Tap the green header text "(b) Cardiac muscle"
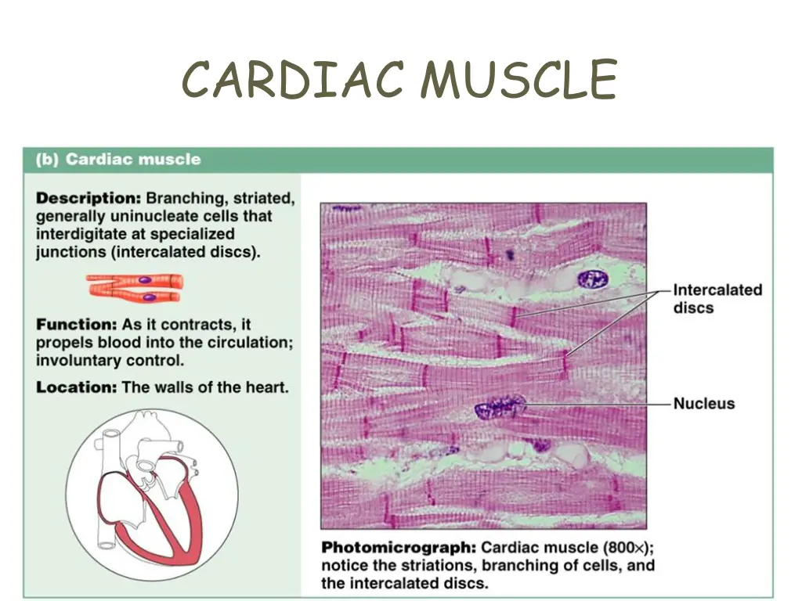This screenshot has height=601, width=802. [117, 160]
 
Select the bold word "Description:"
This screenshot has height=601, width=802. [89, 198]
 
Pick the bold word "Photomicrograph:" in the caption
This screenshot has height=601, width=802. [399, 546]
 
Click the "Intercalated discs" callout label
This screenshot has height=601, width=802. [717, 298]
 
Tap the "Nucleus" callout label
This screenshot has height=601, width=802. [704, 404]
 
